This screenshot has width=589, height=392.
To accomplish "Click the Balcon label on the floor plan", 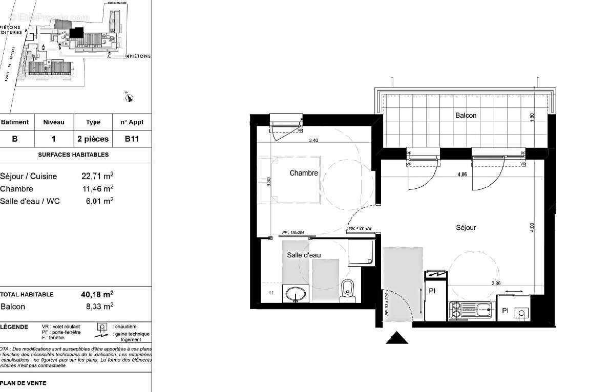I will (x=466, y=116).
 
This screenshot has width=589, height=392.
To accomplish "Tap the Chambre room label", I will (x=304, y=173).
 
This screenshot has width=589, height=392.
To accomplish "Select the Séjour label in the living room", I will (x=466, y=228).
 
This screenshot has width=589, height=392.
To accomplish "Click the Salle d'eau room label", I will (x=304, y=255).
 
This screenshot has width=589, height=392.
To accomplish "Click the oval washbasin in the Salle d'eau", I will (x=296, y=294).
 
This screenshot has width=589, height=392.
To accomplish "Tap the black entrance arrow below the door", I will (x=397, y=338).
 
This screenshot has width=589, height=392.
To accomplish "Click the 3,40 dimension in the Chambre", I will (x=313, y=141).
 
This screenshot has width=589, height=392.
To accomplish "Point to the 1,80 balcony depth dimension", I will (x=532, y=116).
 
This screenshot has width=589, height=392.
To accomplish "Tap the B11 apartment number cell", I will (x=132, y=139).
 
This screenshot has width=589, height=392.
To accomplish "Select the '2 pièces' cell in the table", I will (x=93, y=139).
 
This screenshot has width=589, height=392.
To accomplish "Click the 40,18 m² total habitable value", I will (x=97, y=294).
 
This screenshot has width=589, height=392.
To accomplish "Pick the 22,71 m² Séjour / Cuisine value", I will (x=97, y=177).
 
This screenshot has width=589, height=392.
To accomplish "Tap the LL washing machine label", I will (x=272, y=293).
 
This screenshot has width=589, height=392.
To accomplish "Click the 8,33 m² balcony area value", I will (x=99, y=307).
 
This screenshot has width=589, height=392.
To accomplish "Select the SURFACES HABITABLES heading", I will (x=73, y=155).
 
